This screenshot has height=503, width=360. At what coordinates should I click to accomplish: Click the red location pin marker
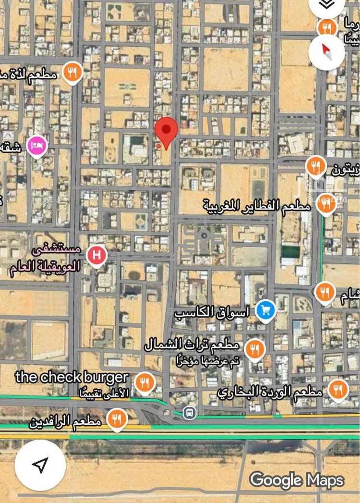[x=166, y=131]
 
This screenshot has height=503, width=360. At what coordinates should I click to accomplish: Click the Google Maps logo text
[x=297, y=480]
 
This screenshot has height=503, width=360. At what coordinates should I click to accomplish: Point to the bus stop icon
[x=190, y=412]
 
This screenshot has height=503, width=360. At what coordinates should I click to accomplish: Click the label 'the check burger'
[x=72, y=377]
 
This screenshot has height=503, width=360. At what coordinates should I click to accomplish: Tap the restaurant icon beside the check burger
[x=144, y=382]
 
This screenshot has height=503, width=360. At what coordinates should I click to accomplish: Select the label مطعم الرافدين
[x=65, y=423]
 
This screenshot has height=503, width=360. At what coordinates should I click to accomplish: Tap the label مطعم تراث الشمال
[x=192, y=345]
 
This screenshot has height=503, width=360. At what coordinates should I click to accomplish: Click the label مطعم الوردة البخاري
[x=269, y=393]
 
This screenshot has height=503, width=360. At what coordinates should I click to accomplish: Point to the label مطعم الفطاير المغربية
[x=257, y=206]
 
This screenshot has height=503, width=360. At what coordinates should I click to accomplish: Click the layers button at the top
[x=326, y=5]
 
